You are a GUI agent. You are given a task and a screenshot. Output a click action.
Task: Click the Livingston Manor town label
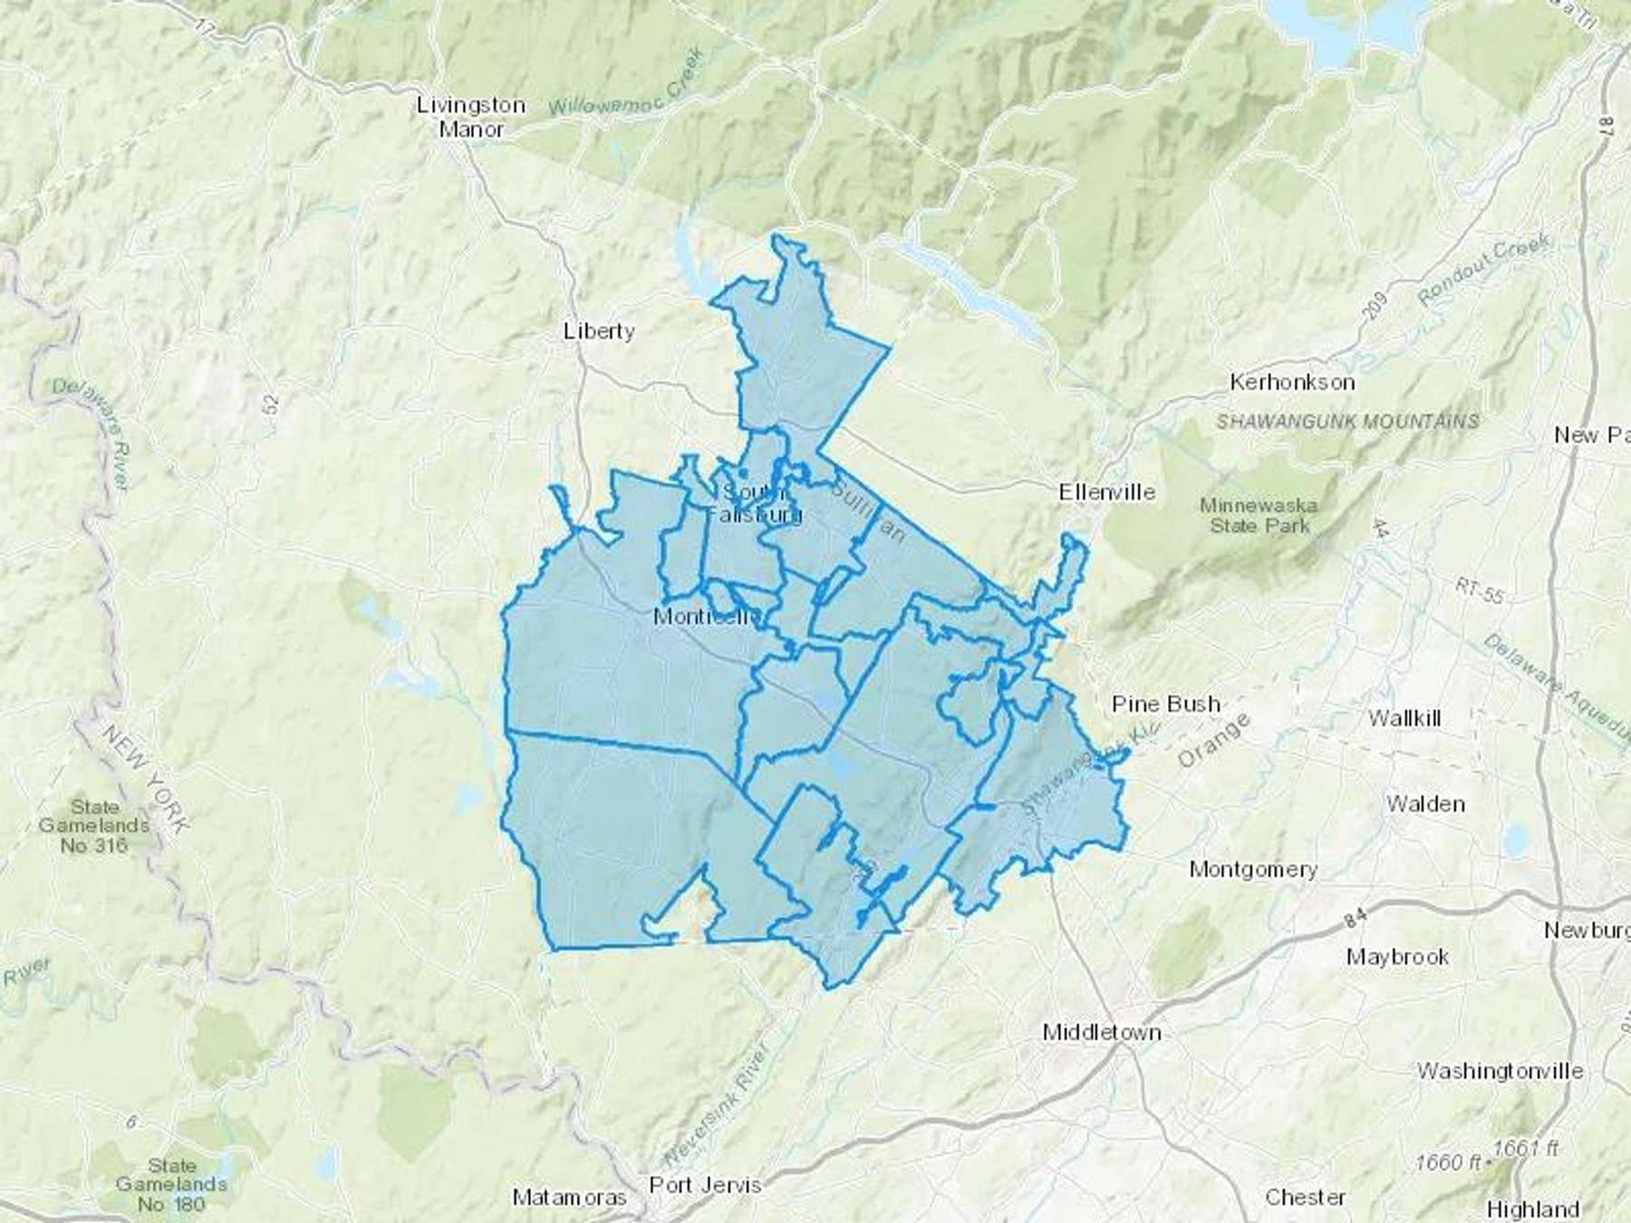pyautogui.click(x=470, y=117)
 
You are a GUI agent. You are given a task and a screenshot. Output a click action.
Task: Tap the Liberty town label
pyautogui.click(x=599, y=331)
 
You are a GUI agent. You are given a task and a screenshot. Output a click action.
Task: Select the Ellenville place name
pyautogui.click(x=1107, y=492)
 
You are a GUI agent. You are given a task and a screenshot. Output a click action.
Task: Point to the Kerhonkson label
pyautogui.click(x=1292, y=382)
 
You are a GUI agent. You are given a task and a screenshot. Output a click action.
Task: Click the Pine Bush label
pyautogui.click(x=1165, y=704)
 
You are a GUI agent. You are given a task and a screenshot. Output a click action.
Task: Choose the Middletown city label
pyautogui.click(x=1102, y=1032)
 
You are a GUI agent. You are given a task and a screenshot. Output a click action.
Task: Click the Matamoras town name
pyautogui.click(x=569, y=1198)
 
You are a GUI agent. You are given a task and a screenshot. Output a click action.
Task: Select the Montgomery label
pyautogui.click(x=1253, y=870)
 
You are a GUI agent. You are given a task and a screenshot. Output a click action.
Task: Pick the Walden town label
pyautogui.click(x=1425, y=804)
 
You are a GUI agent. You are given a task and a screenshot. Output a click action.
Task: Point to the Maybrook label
pyautogui.click(x=1397, y=957)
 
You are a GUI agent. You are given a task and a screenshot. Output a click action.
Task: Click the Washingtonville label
pyautogui.click(x=1500, y=1071)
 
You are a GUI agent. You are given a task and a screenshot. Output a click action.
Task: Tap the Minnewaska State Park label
pyautogui.click(x=1259, y=515)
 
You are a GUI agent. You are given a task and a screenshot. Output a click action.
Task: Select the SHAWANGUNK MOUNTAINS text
pyautogui.click(x=1347, y=421)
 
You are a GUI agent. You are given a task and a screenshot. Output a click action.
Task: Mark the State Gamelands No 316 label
pyautogui.click(x=94, y=826)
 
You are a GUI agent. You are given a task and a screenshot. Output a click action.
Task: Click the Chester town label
pyautogui.click(x=1305, y=1198)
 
